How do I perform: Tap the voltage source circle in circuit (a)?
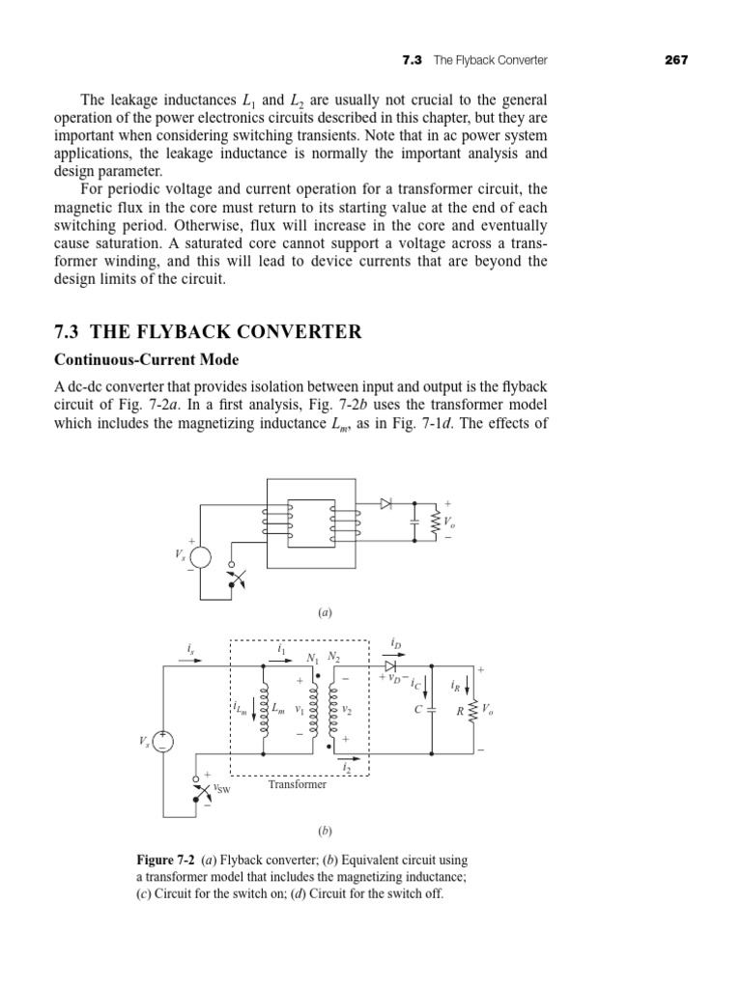coord(200,557)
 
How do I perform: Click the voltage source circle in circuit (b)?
coord(162,741)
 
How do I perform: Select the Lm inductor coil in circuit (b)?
coord(264,709)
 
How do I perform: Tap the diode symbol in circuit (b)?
coord(389,665)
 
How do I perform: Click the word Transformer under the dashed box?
coord(297,784)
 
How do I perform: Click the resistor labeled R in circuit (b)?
coord(472,710)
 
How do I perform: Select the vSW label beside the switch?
coord(221,789)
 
